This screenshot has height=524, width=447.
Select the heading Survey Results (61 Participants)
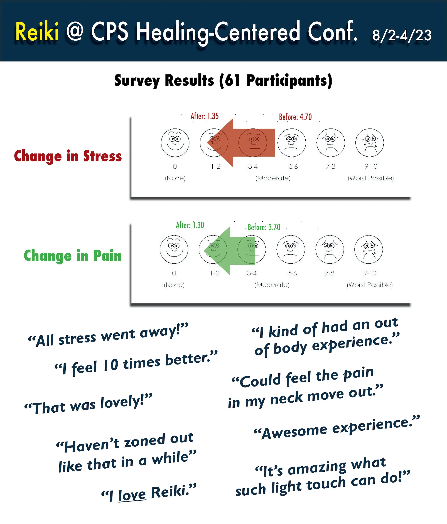pos(223,81)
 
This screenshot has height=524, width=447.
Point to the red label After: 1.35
pos(205,116)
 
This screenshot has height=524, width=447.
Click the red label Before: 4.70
pos(295,117)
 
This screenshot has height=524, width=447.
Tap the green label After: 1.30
pos(190,225)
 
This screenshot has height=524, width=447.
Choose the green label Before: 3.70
pos(264,227)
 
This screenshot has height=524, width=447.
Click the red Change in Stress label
pos(68,156)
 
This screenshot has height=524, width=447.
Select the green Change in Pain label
pos(73,256)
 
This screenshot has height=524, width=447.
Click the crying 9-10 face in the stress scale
pos(369,143)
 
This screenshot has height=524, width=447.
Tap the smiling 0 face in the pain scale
pos(174,249)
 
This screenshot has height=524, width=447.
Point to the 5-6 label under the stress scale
pos(293,166)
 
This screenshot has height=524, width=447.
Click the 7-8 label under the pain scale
pos(329,273)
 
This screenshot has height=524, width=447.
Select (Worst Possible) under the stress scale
pos(371,178)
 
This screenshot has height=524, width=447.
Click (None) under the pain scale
pos(174,285)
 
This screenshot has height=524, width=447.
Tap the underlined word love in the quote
pos(132,495)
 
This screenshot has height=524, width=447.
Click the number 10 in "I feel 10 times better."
pos(111,365)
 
